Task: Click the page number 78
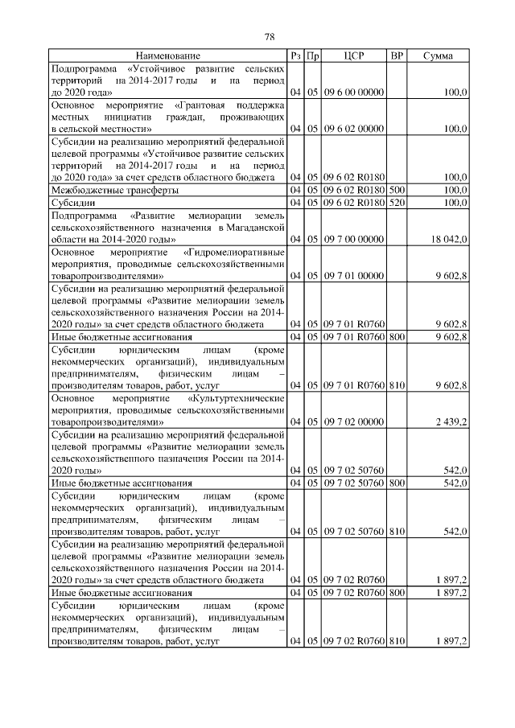pyautogui.click(x=270, y=37)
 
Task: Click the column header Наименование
pyautogui.click(x=167, y=56)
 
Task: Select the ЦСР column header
pyautogui.click(x=354, y=56)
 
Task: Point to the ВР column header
pyautogui.click(x=396, y=56)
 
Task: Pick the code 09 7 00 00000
pyautogui.click(x=354, y=240)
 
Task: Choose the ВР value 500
pyautogui.click(x=396, y=190)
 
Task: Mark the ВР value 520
pyautogui.click(x=396, y=204)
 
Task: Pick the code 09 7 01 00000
pyautogui.click(x=354, y=276)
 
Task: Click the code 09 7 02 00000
pyautogui.click(x=354, y=421)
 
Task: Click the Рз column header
pyautogui.click(x=296, y=56)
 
